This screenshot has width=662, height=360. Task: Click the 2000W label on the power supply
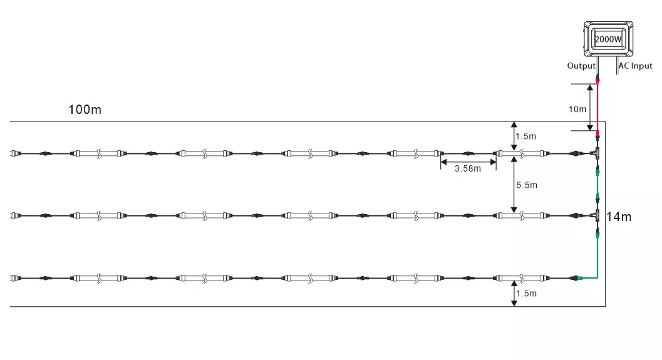608,39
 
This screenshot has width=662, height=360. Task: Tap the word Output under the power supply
581,66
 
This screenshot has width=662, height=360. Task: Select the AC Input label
636,66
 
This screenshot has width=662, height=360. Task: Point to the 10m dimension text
577,110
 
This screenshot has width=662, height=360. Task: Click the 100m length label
85,110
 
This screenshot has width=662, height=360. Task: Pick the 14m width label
619,217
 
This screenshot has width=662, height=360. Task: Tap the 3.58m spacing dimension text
468,169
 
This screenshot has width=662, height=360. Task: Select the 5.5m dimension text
527,185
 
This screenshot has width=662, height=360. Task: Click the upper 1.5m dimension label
525,136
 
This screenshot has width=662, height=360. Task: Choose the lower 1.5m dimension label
526,293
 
